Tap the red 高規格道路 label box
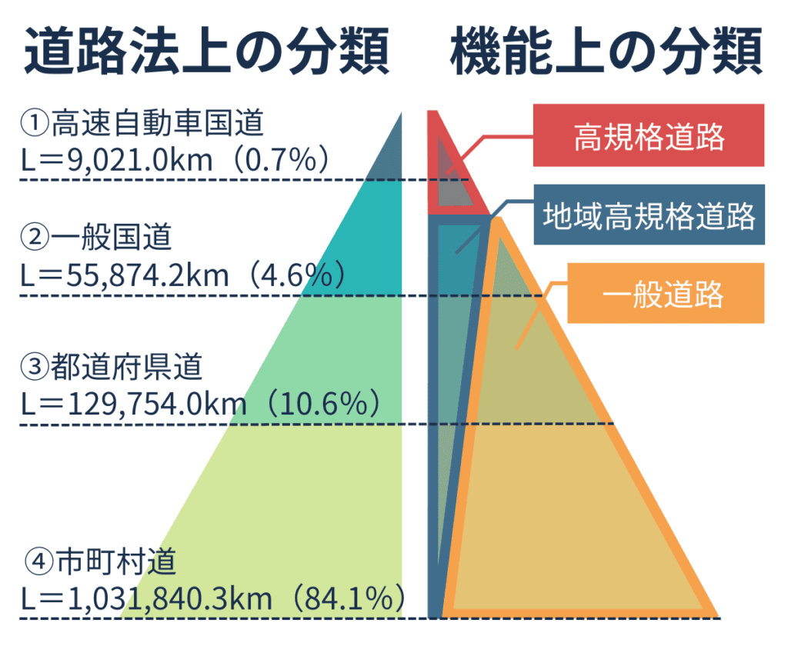point(649,136)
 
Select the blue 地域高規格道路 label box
point(649,215)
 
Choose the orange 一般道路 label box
point(665,293)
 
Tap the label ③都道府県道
point(113,367)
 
